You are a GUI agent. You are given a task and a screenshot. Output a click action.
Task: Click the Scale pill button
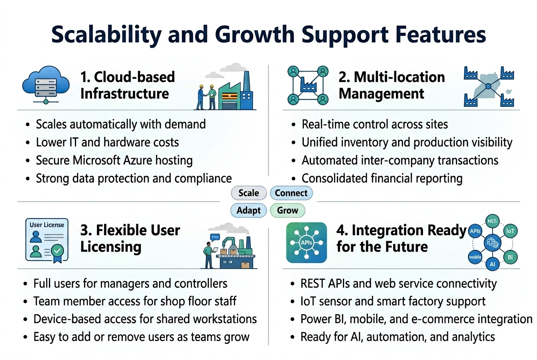click(249, 193)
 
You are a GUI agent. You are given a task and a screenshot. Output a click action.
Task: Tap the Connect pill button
click(291, 193)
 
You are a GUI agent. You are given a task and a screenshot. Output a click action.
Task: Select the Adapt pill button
click(249, 211)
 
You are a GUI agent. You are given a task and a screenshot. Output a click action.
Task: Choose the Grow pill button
click(287, 211)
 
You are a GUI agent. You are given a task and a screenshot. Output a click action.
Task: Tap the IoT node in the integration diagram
click(510, 231)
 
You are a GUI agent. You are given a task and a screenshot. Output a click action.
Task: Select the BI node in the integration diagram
click(510, 257)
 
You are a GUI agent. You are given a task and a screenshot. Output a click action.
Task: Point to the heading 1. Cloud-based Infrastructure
click(127, 85)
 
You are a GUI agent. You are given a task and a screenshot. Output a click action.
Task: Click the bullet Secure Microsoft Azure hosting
click(114, 160)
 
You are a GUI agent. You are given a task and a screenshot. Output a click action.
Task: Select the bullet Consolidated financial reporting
click(382, 178)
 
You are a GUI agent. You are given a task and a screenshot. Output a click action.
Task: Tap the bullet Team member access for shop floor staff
click(135, 301)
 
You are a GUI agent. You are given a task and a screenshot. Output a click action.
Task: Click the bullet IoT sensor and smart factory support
click(393, 301)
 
